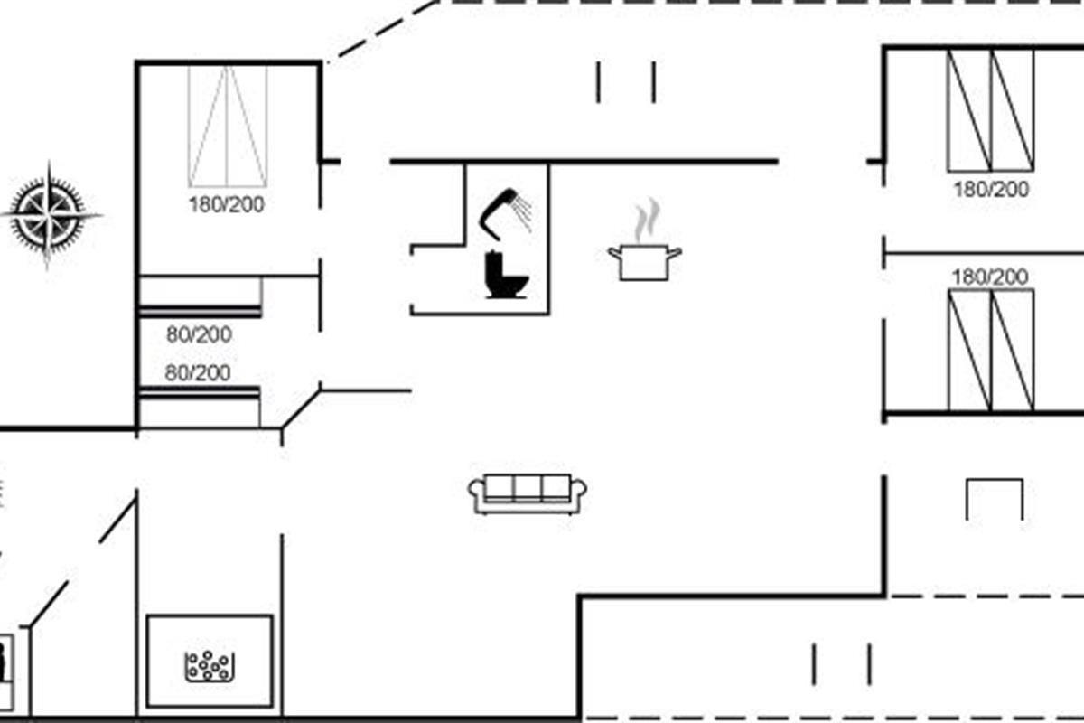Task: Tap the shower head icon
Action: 499,213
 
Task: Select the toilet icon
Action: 506,275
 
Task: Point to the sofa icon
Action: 527,493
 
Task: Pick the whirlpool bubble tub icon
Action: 210,666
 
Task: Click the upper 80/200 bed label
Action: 199,334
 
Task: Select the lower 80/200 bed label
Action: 198,373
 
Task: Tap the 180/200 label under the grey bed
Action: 227,205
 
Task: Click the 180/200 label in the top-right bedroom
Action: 991,190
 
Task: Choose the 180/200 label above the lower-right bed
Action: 990,277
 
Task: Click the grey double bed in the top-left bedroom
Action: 228,127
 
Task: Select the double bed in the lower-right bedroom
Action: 991,350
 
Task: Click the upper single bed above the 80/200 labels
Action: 201,296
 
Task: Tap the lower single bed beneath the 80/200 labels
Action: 200,408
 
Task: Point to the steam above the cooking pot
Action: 648,221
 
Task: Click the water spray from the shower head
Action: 524,212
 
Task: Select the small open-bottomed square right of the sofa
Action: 995,481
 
